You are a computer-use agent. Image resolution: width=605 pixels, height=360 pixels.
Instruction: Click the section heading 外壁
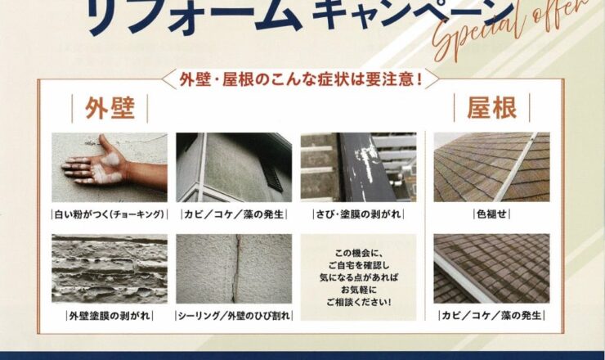(110, 109)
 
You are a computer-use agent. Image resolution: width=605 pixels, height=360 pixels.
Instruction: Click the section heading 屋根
(491, 108)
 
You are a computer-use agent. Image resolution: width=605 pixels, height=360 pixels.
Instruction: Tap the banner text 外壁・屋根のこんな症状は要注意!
(301, 79)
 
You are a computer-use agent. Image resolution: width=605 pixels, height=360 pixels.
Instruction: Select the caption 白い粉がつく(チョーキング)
(110, 214)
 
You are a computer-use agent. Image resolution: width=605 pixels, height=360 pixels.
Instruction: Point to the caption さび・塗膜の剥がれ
(358, 214)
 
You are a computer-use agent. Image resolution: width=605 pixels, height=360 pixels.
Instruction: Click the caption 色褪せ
(491, 214)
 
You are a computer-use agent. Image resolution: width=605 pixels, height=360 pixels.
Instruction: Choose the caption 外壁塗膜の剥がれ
(110, 316)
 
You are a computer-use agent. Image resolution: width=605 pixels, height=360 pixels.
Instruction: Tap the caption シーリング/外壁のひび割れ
(234, 316)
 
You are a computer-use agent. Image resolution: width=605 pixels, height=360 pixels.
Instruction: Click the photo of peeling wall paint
(110, 268)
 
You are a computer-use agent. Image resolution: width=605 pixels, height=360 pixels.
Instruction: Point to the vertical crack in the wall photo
(235, 268)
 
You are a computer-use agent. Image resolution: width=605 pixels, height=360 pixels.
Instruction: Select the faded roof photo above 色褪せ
(491, 167)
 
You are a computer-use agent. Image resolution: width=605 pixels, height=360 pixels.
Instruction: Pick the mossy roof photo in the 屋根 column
(491, 268)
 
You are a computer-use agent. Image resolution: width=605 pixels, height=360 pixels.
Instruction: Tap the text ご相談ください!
(358, 302)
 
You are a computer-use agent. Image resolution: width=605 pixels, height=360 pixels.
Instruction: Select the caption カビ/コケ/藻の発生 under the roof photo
(491, 316)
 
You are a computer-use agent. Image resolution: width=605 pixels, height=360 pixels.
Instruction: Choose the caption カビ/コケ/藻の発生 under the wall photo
(234, 214)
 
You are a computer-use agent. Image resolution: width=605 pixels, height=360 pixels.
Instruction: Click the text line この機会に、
(358, 254)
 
